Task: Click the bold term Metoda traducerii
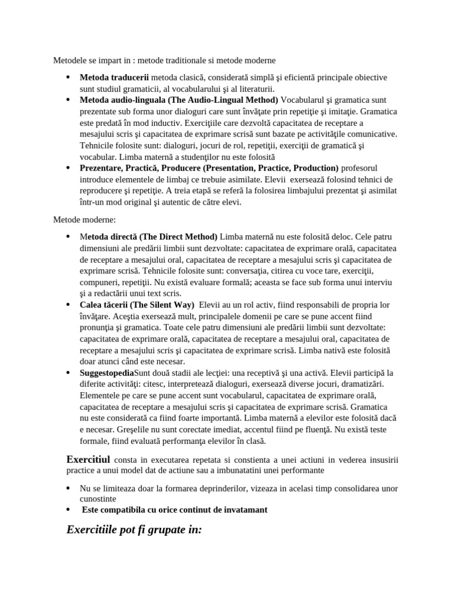coord(114,78)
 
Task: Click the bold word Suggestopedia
coord(107,373)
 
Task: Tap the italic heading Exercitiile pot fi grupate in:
coord(134,530)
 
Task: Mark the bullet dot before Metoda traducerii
coord(68,78)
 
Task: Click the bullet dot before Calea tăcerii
coord(68,305)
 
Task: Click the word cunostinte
coord(101,499)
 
